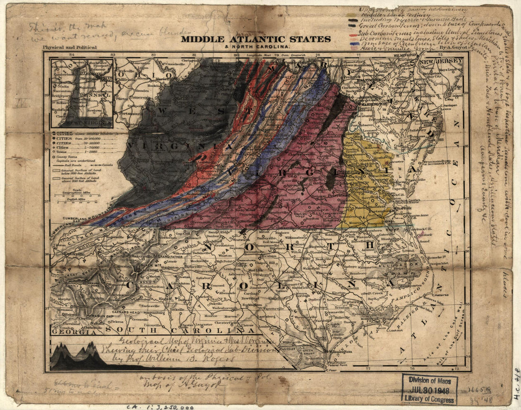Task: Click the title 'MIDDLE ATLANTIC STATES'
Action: pyautogui.click(x=255, y=39)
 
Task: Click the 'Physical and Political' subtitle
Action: pyautogui.click(x=69, y=47)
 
